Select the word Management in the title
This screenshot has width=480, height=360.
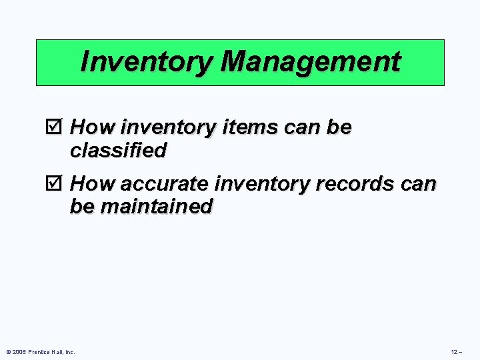point(310,62)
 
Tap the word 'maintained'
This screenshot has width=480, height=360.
point(156,207)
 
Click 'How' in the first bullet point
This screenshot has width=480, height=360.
point(92,127)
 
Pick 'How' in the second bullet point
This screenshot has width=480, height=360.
point(92,183)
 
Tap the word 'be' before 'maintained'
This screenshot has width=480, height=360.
point(82,207)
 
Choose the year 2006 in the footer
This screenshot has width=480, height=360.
point(19,352)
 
